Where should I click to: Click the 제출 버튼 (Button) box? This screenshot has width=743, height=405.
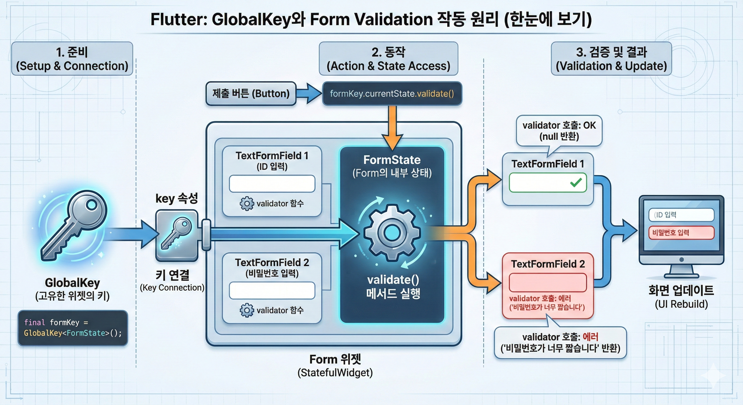(x=251, y=93)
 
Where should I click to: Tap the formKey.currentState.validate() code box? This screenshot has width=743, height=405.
(x=392, y=93)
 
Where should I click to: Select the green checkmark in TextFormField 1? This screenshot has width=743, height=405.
(x=576, y=182)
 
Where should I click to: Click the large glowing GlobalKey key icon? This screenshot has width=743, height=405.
(x=74, y=225)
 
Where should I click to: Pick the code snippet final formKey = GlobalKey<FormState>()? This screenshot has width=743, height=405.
(x=73, y=328)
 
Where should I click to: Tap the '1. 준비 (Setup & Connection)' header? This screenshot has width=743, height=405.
(x=72, y=59)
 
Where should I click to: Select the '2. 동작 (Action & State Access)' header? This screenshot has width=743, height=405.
(x=388, y=59)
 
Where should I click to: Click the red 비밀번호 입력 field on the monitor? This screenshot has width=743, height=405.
(x=681, y=233)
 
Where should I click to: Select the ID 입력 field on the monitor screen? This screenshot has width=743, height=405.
(x=681, y=215)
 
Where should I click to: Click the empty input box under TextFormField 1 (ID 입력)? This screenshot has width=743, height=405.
(x=272, y=184)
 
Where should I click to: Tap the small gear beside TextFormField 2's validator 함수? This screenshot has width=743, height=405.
(x=247, y=310)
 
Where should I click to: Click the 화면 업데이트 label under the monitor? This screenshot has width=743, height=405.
(x=681, y=290)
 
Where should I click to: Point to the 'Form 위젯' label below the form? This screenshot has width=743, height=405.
(x=335, y=359)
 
